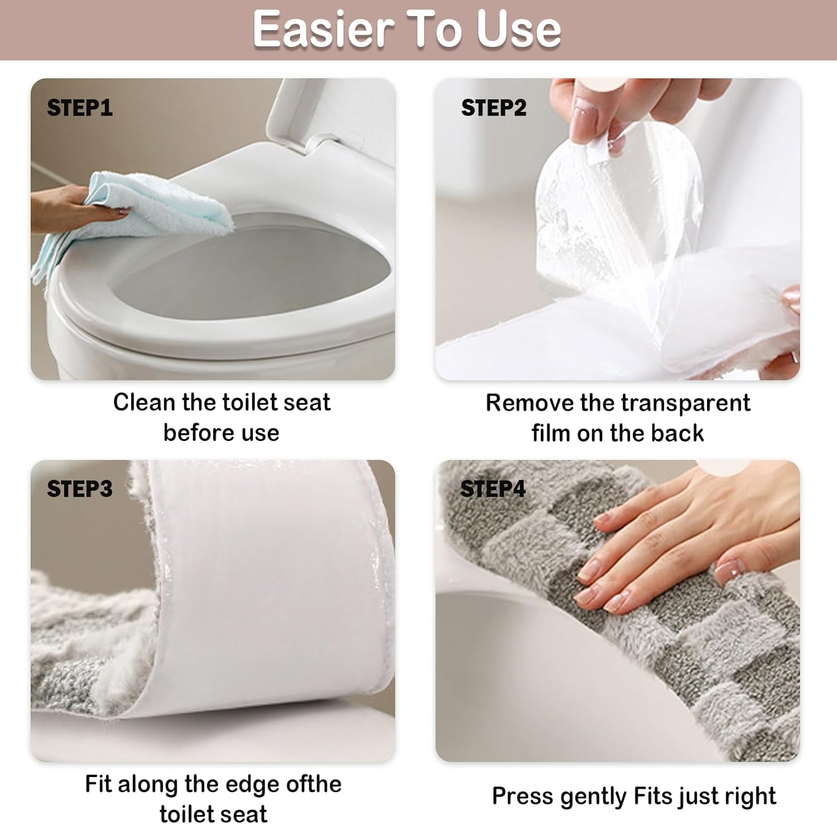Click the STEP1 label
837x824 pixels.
79,108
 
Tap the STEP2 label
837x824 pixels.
493,108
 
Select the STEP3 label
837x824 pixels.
79,489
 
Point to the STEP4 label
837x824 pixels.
493,489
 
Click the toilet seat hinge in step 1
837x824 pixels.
321,142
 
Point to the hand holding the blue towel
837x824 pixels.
73,209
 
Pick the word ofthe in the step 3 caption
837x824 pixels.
313,784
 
